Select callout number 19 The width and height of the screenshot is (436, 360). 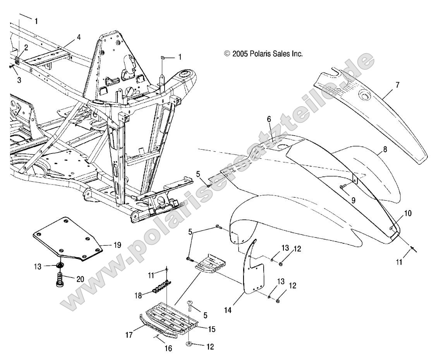(x=117, y=245)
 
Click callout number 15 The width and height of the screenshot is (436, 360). (x=211, y=329)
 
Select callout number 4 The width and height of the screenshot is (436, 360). (x=79, y=38)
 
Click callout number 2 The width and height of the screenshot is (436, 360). (x=26, y=48)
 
